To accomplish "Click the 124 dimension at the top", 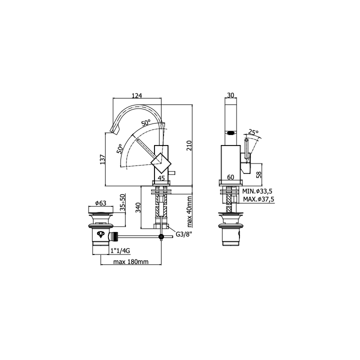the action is (137, 95).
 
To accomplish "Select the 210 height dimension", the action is (189, 145).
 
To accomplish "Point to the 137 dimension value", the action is (102, 159).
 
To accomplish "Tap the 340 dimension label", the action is (138, 207).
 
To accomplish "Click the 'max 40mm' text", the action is (189, 211).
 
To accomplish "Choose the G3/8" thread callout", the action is (184, 234).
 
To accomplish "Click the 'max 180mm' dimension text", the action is (131, 261).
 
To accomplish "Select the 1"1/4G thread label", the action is (120, 250).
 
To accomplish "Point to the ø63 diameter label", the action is (101, 203).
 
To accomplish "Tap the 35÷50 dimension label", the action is (123, 202).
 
